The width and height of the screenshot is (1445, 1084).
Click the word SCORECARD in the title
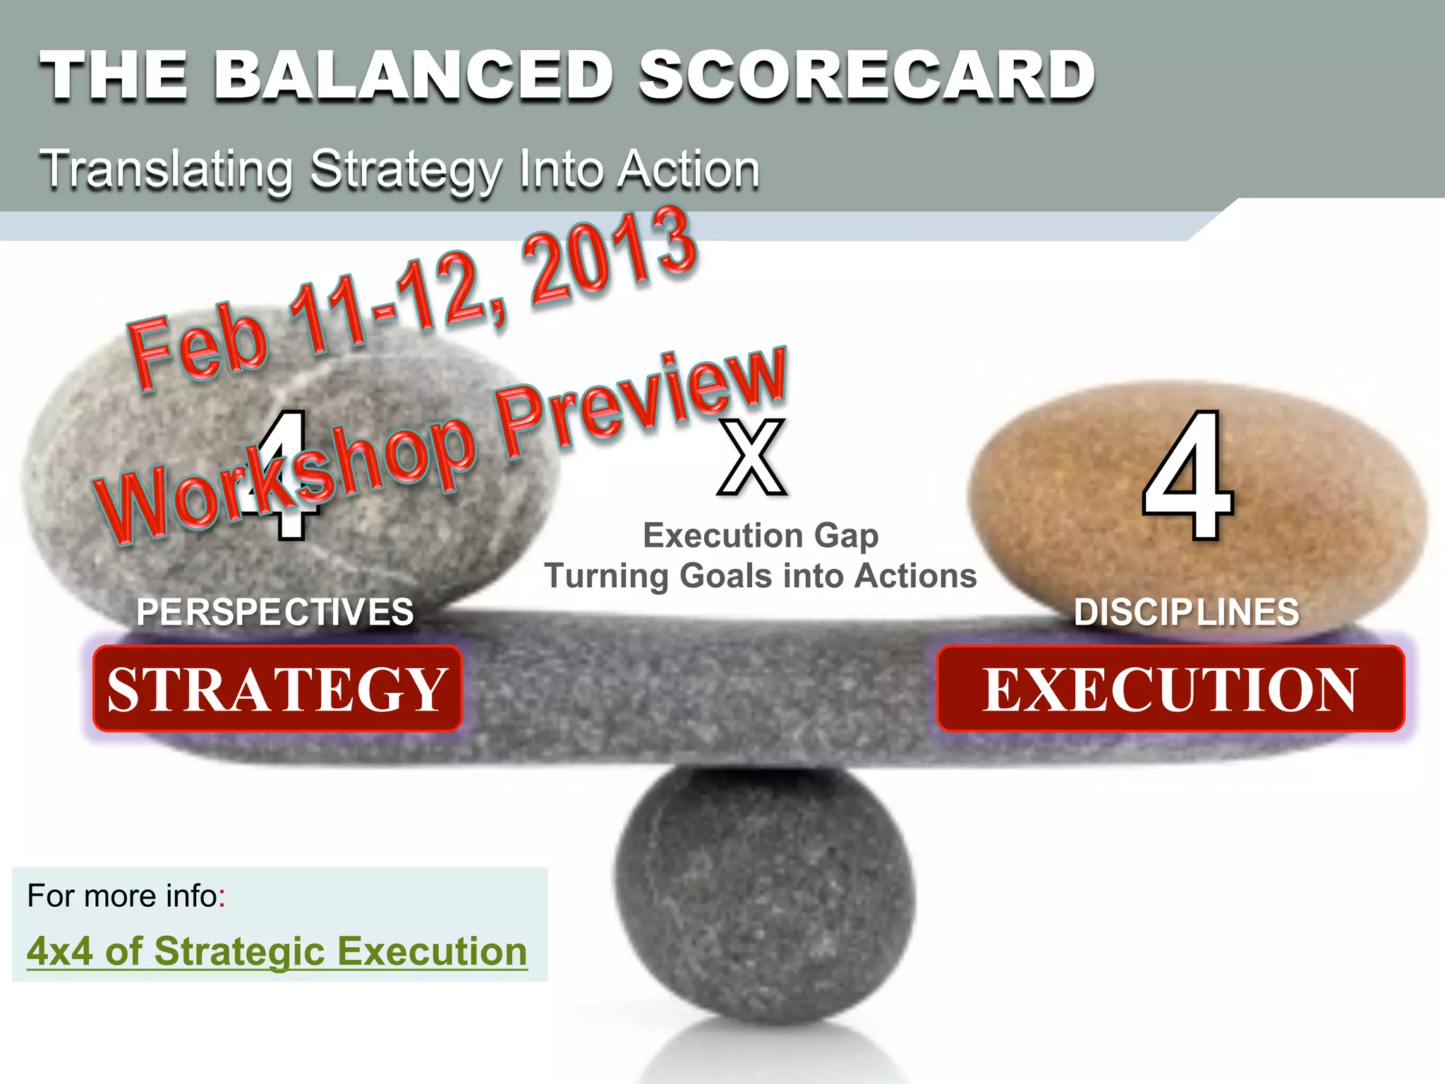[x=866, y=76]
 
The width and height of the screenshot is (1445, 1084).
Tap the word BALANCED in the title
[x=413, y=76]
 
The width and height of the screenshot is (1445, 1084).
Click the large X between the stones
[x=752, y=457]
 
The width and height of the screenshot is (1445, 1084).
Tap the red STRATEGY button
[x=277, y=689]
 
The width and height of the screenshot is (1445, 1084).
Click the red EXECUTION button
[x=1170, y=689]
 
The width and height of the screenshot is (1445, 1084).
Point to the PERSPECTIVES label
[x=275, y=612]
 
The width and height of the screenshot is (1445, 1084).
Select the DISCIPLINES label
[x=1186, y=612]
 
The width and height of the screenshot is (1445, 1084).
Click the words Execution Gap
[x=761, y=536]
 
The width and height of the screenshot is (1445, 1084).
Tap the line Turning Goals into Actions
[x=761, y=576]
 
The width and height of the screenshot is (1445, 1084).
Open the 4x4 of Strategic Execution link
[x=277, y=951]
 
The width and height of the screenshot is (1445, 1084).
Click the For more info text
[x=126, y=896]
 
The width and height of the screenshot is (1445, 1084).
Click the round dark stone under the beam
[x=763, y=896]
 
